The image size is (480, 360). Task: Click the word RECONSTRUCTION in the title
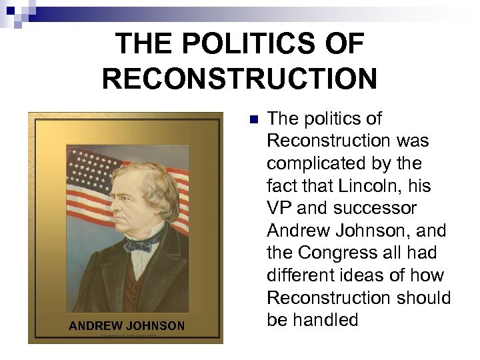(x=239, y=79)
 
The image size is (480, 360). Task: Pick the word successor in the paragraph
(x=377, y=208)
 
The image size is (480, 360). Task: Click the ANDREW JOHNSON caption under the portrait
(x=127, y=326)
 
